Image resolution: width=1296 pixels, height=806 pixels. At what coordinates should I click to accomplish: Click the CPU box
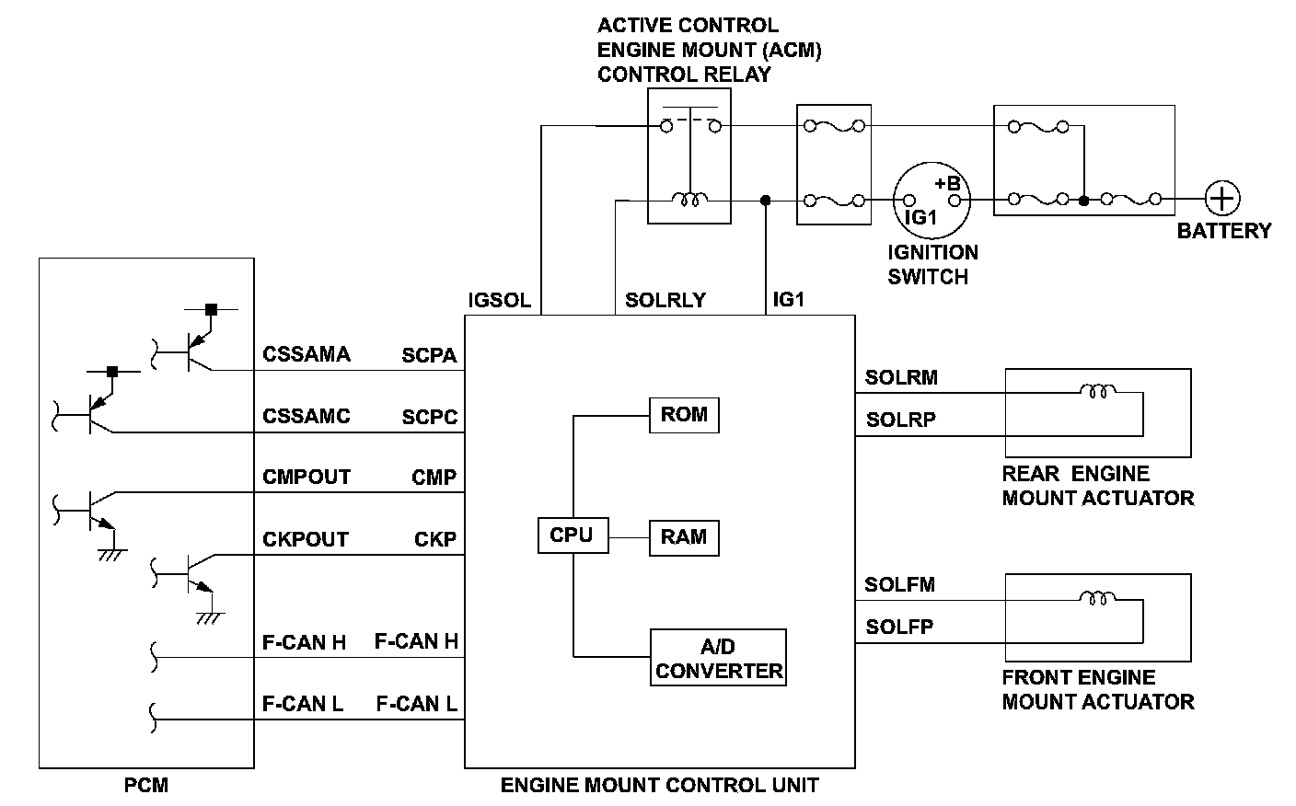(573, 535)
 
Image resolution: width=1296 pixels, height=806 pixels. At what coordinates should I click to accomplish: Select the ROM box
(684, 415)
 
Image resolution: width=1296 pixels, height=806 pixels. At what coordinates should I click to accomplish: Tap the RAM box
(684, 538)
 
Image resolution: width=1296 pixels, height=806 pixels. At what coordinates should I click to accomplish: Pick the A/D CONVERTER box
(719, 657)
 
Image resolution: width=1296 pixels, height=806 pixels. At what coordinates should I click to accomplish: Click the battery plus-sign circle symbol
(1222, 199)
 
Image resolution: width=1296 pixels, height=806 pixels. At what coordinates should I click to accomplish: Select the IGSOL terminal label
(499, 300)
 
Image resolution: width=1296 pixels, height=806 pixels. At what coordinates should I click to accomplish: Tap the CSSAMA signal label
(307, 354)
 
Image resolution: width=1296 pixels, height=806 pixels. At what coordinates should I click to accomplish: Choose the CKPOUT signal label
(306, 539)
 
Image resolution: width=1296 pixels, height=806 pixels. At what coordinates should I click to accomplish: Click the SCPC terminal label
(429, 416)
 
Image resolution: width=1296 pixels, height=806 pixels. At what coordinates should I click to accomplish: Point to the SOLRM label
(901, 377)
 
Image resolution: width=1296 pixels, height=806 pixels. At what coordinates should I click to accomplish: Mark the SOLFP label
(899, 628)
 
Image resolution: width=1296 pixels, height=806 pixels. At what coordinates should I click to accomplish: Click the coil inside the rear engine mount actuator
(1097, 391)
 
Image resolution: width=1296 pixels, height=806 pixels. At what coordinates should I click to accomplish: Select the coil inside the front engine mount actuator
(1097, 598)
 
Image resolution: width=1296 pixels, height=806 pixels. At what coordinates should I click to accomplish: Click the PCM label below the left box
(146, 786)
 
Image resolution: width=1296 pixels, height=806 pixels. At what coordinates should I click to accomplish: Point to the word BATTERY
(1223, 231)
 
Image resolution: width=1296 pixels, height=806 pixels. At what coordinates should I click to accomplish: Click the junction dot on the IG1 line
(765, 200)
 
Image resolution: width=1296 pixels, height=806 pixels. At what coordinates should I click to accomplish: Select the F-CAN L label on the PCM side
(303, 704)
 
